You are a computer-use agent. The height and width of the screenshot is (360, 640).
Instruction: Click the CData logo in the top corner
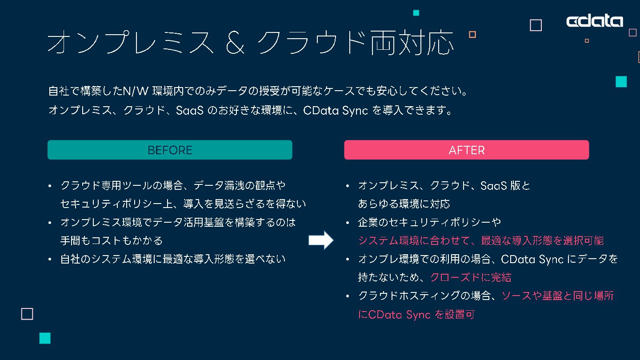594,21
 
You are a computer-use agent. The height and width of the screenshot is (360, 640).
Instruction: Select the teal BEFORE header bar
170,150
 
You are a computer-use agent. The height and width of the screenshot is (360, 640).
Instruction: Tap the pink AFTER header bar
466,150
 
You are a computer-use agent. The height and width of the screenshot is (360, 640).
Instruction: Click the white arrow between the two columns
320,240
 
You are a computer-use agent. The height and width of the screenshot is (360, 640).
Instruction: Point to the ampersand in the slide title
236,43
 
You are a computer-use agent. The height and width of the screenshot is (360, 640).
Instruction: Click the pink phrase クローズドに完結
471,277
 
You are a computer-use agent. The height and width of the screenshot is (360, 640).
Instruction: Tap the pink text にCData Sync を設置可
416,315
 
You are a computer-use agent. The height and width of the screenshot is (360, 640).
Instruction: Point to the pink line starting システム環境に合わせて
481,240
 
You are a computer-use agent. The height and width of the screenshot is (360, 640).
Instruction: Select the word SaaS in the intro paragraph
190,111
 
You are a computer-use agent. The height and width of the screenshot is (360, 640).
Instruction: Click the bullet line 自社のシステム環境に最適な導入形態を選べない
173,259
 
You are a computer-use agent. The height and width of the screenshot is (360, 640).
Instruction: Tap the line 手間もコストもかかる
112,240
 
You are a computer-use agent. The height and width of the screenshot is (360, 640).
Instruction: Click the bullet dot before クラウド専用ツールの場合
50,186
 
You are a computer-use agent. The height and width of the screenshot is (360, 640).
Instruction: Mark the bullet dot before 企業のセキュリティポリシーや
348,222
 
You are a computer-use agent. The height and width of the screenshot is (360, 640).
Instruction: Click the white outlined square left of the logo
536,25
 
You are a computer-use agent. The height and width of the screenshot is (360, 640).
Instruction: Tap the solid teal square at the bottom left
45,338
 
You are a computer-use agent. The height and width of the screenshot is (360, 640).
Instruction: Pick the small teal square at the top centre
416,13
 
